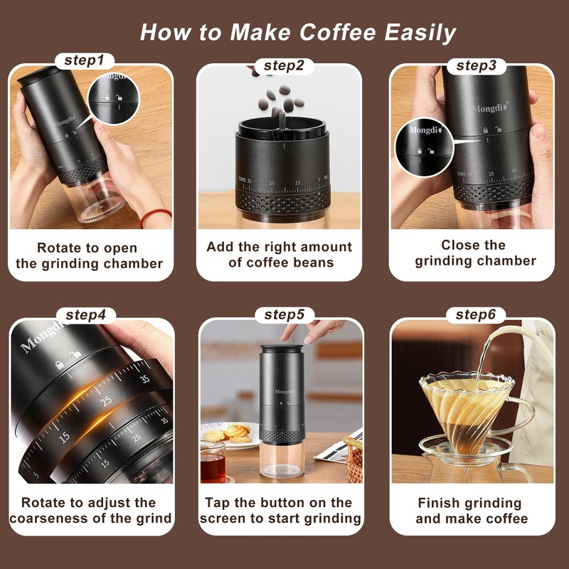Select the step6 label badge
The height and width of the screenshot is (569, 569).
(475, 314)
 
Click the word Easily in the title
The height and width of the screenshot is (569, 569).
(420, 32)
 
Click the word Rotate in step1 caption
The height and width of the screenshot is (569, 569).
(58, 248)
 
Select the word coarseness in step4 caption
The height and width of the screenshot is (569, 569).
(49, 519)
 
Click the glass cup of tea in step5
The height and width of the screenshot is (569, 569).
(212, 462)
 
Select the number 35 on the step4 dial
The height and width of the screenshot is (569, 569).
(145, 379)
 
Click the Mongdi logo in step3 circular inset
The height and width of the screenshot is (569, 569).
(425, 132)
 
